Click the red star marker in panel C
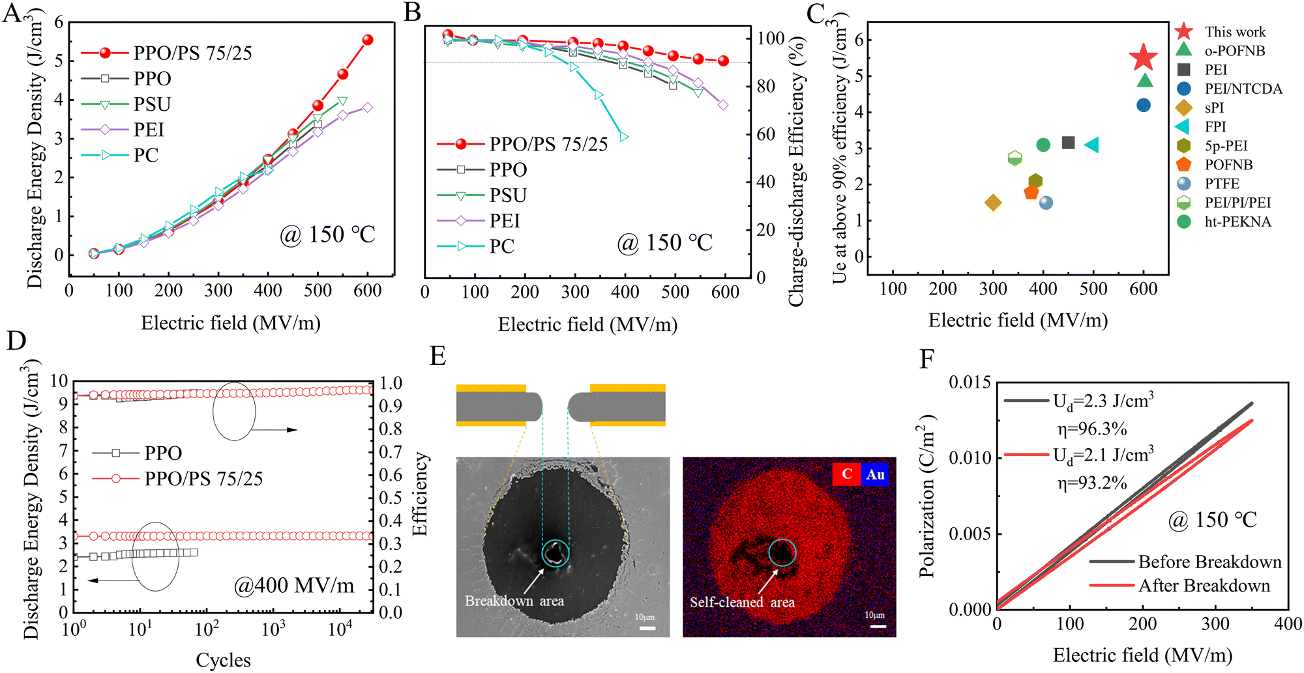pos(1143,57)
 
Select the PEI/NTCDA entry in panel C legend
pos(1243,89)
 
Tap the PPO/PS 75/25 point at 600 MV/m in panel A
pos(368,40)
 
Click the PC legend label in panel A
pos(146,155)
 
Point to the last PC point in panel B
pos(624,137)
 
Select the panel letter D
pos(16,341)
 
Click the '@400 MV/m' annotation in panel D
pos(294,586)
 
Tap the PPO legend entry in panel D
pos(163,453)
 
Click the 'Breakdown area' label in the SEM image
pos(514,601)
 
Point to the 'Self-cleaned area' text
pos(742,602)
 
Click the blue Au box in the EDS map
pos(875,474)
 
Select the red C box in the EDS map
pos(847,474)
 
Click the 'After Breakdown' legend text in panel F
pos(1204,586)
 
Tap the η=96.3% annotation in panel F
pos(1091,429)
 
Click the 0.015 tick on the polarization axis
pos(970,382)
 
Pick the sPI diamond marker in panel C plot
pos(993,203)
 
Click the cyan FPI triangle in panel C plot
pos(1092,145)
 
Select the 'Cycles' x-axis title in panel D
pos(223,660)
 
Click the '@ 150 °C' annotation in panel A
pos(327,235)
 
